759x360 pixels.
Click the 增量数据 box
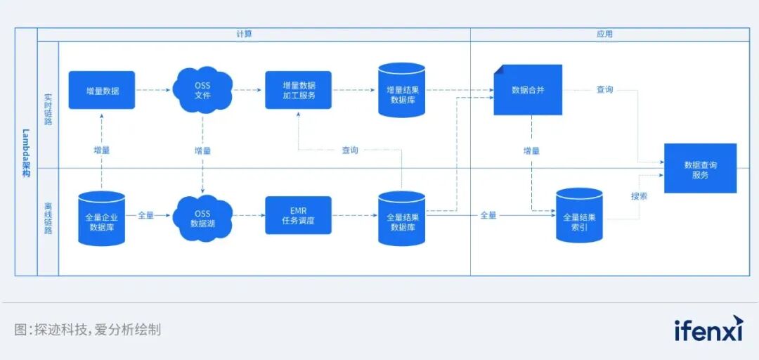point(102,90)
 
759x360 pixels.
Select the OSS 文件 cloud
point(202,90)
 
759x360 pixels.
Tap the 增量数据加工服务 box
point(298,90)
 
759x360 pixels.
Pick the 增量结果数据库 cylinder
point(402,90)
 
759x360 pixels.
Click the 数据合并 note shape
point(528,90)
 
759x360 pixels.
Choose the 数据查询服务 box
point(700,169)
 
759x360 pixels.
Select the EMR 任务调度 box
point(298,215)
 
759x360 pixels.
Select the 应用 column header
point(604,34)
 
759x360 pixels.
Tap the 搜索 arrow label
point(639,196)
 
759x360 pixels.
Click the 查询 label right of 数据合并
point(604,90)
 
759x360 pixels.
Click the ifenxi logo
point(708,329)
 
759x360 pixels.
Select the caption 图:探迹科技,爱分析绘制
point(88,329)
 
